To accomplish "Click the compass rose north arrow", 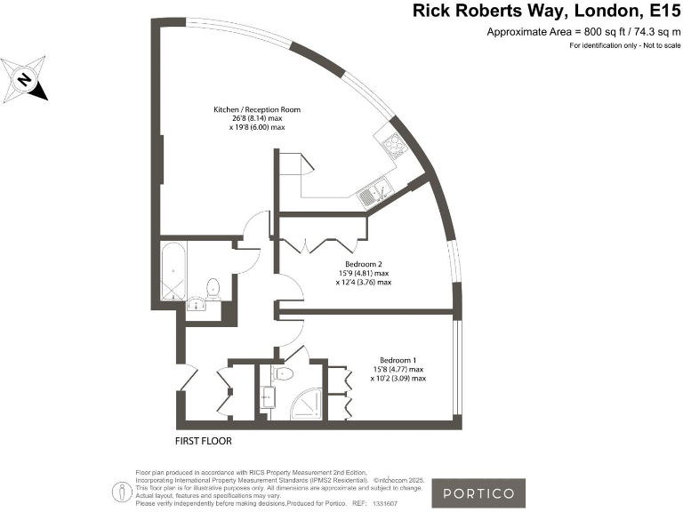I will click(x=26, y=80).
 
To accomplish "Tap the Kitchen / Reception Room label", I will click(x=257, y=109).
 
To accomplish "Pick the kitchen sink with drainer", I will click(x=371, y=192).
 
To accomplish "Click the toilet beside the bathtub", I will click(x=212, y=289).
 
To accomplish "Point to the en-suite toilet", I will click(x=283, y=373).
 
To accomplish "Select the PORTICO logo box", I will click(x=478, y=492).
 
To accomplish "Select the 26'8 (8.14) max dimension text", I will click(x=257, y=118).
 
